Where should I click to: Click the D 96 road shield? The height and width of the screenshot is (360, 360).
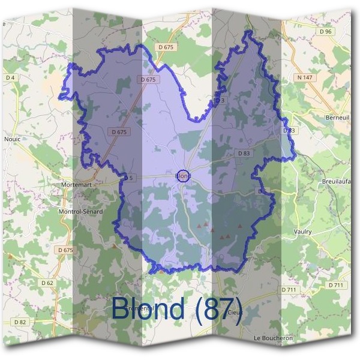(326, 31)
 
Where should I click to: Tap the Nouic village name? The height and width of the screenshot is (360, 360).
(12, 138)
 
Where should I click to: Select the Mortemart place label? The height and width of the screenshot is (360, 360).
(76, 185)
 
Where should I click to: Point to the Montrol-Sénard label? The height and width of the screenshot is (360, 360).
(80, 212)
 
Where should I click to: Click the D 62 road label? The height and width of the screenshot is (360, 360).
(47, 282)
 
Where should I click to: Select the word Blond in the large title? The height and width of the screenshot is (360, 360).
(148, 308)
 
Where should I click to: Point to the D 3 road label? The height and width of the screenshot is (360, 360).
(220, 100)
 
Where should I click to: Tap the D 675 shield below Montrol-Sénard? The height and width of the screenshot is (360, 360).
(65, 250)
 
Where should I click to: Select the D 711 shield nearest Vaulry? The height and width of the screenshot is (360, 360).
(289, 290)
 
